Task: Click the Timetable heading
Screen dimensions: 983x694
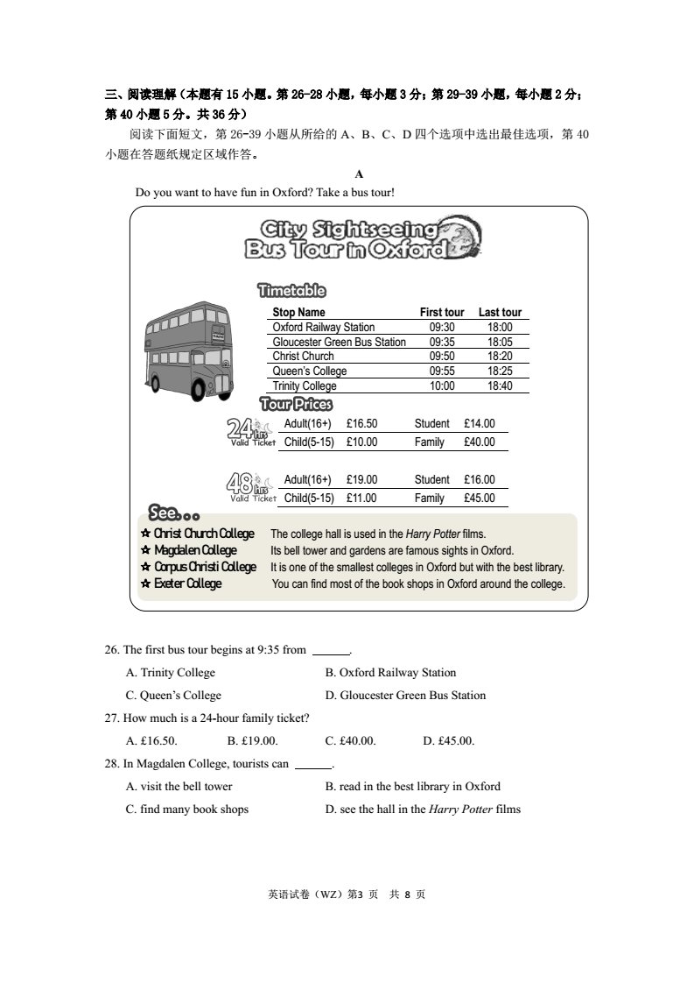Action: coord(291,290)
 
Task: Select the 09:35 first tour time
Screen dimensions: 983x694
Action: coord(442,342)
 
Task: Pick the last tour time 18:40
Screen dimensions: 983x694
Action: coord(500,385)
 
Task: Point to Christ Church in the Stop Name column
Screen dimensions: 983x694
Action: coord(303,357)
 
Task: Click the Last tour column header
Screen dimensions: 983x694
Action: coord(500,312)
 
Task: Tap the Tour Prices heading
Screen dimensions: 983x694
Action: coord(297,404)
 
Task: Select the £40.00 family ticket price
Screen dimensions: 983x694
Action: coord(479,442)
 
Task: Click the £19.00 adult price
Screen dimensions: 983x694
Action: coord(361,480)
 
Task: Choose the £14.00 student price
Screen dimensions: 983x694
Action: coord(479,424)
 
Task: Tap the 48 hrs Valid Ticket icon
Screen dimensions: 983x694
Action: coord(250,486)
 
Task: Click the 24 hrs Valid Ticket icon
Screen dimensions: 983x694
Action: coord(250,432)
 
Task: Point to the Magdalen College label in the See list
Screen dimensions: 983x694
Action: coord(195,550)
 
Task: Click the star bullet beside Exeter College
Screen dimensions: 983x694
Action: coord(145,583)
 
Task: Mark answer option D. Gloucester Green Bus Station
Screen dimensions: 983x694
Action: coord(405,696)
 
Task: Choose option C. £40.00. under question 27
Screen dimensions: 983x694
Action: coord(350,741)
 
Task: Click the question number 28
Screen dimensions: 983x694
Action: coord(111,764)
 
